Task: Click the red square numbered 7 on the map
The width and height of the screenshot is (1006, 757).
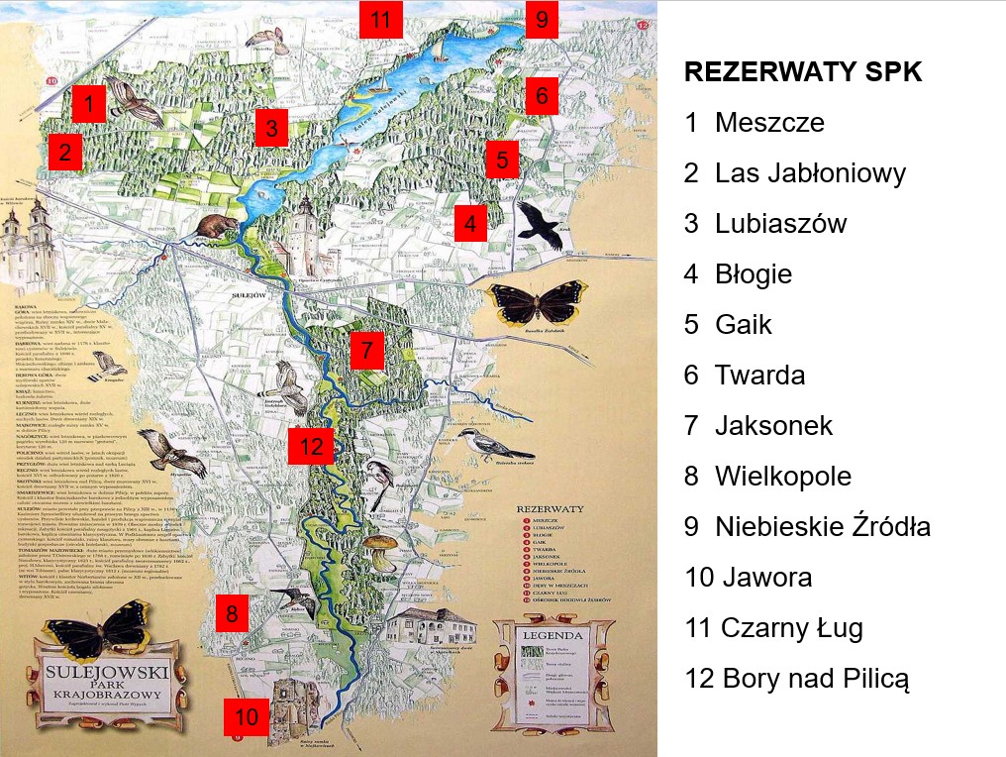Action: (x=366, y=350)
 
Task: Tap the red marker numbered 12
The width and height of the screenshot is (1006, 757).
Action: (x=312, y=447)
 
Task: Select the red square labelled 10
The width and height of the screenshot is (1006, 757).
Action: (x=247, y=716)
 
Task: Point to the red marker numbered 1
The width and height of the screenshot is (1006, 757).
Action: (x=89, y=103)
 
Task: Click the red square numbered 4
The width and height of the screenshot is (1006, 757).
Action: (x=470, y=223)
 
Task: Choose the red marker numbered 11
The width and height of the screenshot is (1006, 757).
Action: (x=381, y=19)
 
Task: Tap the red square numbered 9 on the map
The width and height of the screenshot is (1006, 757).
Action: (x=542, y=19)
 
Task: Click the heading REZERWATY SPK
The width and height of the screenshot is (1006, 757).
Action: (x=803, y=72)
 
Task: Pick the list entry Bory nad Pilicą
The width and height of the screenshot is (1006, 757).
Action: (x=796, y=679)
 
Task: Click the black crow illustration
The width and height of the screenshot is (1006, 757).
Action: (x=541, y=224)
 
